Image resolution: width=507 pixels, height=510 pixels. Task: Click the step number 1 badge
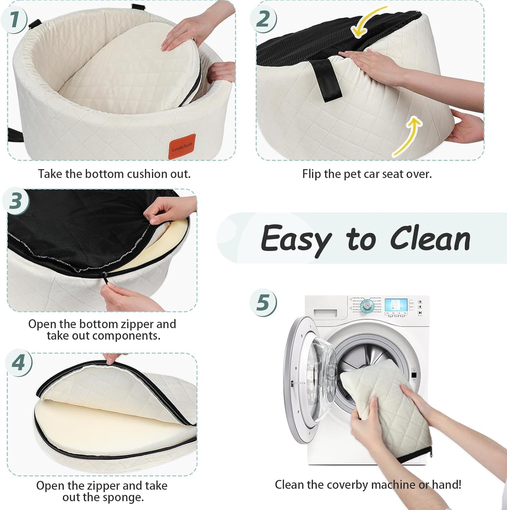pos(14,19)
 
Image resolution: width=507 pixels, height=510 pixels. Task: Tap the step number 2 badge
pos(263,19)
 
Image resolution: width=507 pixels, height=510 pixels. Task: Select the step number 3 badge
pos(16,201)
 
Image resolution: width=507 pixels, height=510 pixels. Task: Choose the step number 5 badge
pos(263,302)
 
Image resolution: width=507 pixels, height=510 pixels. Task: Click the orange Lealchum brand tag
pos(182,146)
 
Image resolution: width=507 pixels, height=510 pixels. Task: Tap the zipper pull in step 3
pos(105,275)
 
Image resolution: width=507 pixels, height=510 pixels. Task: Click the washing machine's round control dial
pos(367,305)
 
